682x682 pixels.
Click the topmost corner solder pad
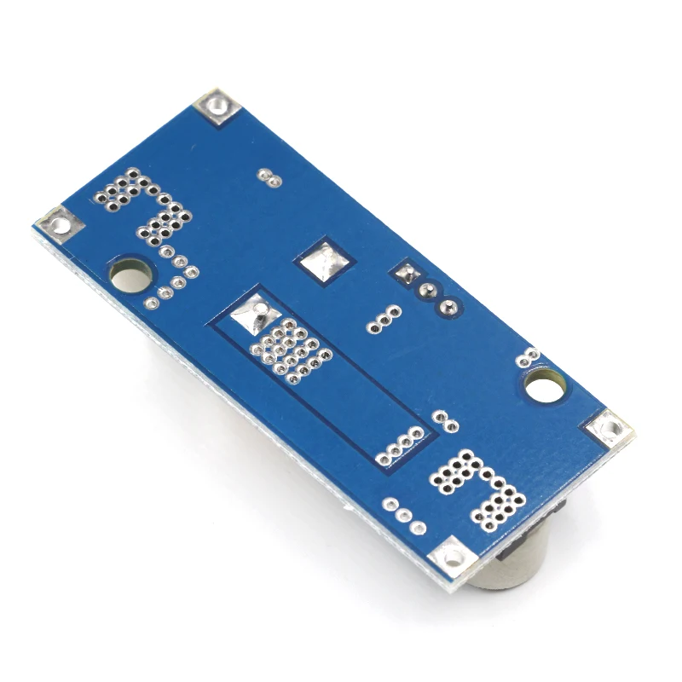pos(215,107)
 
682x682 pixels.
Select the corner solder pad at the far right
pos(610,427)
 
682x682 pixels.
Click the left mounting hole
pos(130,275)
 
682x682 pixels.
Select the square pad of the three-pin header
pos(405,275)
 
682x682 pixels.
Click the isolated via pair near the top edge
pos(269,177)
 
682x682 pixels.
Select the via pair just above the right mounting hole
pos(529,356)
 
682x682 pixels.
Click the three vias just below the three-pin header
pos(384,318)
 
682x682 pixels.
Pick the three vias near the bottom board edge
pos(404,516)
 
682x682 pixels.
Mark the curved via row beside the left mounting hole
pos(174,275)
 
